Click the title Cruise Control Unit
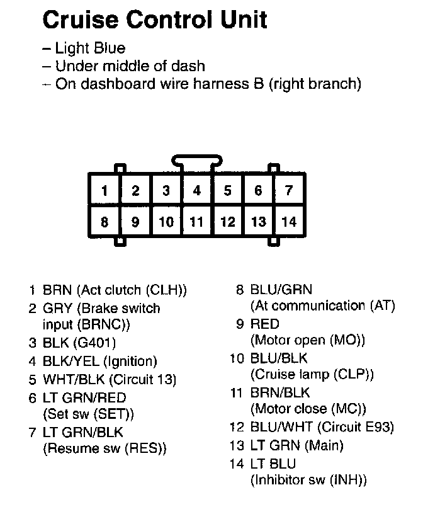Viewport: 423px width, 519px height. [x=154, y=20]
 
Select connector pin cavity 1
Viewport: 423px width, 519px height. [x=104, y=190]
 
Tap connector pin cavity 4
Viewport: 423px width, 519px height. [x=197, y=190]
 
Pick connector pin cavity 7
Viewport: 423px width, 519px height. [x=288, y=190]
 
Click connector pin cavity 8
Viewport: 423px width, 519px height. [x=104, y=222]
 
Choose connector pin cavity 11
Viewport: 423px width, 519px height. [x=197, y=222]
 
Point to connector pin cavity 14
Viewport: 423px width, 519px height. [x=288, y=222]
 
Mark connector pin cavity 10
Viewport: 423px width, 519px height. [x=166, y=222]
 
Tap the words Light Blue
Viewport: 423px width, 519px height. [x=90, y=48]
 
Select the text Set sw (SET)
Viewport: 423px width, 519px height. [x=89, y=414]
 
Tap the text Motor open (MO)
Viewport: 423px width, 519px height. [x=308, y=341]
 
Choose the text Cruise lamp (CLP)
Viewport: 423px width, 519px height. [x=312, y=375]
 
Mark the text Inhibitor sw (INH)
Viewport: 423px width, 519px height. [x=308, y=480]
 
